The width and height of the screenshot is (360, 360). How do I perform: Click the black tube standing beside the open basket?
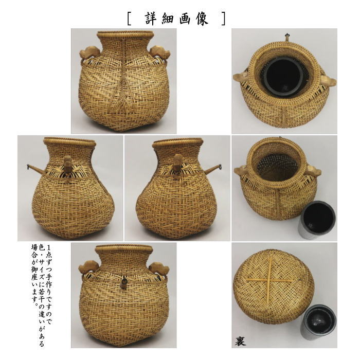318,218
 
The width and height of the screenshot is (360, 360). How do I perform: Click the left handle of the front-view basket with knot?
88,53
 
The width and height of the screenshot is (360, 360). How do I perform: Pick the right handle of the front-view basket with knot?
158,53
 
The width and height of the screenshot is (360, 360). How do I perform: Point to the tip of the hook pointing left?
28,166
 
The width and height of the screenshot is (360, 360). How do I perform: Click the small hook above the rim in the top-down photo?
284,37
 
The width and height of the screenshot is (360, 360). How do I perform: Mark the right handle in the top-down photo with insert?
328,80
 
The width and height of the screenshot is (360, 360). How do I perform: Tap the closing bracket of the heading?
222,19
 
